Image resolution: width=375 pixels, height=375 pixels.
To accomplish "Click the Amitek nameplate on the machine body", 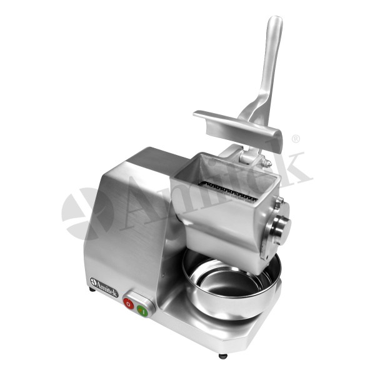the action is (x=104, y=287).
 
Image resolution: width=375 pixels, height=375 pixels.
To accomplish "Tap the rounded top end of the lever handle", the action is (x=275, y=21).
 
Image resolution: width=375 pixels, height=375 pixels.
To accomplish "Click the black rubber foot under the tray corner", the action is (x=223, y=356).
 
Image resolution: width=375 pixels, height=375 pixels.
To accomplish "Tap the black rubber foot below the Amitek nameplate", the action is (x=92, y=289).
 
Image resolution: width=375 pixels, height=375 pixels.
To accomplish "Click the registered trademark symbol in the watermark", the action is (x=296, y=139).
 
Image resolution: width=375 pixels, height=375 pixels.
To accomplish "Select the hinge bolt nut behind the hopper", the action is (x=267, y=163).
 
